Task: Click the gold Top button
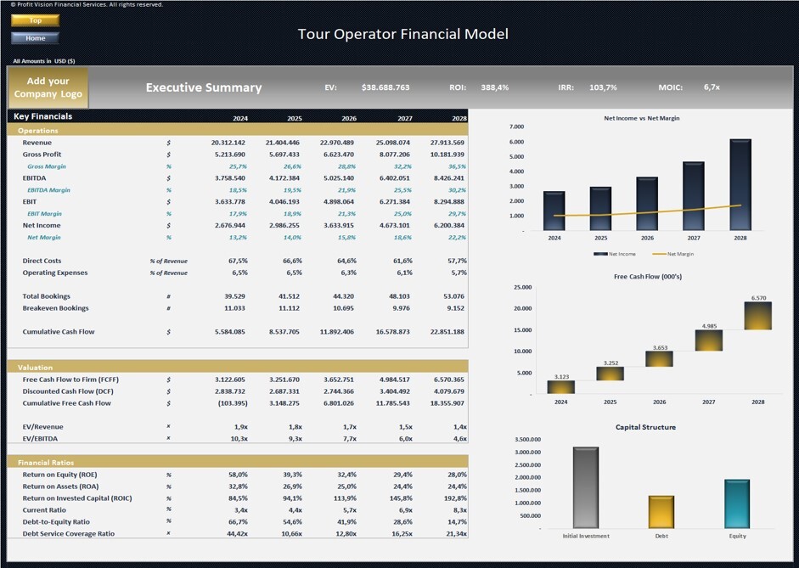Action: [35, 20]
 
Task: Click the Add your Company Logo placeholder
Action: [48, 87]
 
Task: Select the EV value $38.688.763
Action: [385, 87]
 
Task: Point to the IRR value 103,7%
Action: [603, 87]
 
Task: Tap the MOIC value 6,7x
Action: [712, 87]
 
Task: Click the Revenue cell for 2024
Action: [228, 143]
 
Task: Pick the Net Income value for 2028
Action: [448, 226]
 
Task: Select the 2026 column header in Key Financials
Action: [348, 119]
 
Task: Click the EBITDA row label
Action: [35, 178]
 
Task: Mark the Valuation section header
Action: [35, 368]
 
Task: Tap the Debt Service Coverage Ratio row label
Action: [68, 534]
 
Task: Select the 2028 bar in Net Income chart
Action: [740, 184]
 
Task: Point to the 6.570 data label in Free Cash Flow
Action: [758, 298]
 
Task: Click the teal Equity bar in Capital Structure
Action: [736, 503]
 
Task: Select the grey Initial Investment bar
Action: [586, 487]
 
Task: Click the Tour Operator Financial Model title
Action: [402, 34]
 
